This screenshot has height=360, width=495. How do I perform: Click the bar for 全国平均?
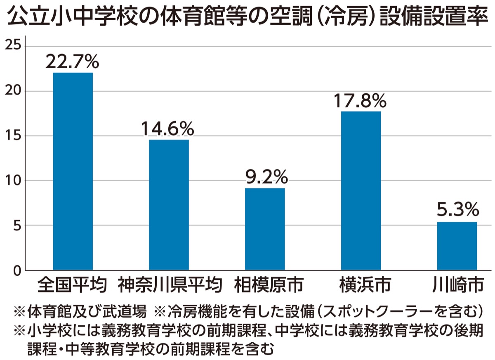click(x=73, y=171)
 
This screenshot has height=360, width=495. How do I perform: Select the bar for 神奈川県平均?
click(x=169, y=205)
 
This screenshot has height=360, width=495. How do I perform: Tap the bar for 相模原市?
click(x=265, y=229)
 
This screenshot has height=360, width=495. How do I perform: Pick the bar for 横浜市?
click(x=361, y=191)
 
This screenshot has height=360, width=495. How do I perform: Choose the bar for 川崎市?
click(x=457, y=246)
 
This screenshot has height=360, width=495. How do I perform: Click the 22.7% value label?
click(x=73, y=62)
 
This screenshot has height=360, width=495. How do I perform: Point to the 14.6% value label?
click(x=168, y=129)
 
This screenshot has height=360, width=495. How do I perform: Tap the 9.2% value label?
click(x=265, y=178)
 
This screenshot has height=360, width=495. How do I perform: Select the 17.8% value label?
click(x=361, y=100)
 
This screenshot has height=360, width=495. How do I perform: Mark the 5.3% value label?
click(x=457, y=211)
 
